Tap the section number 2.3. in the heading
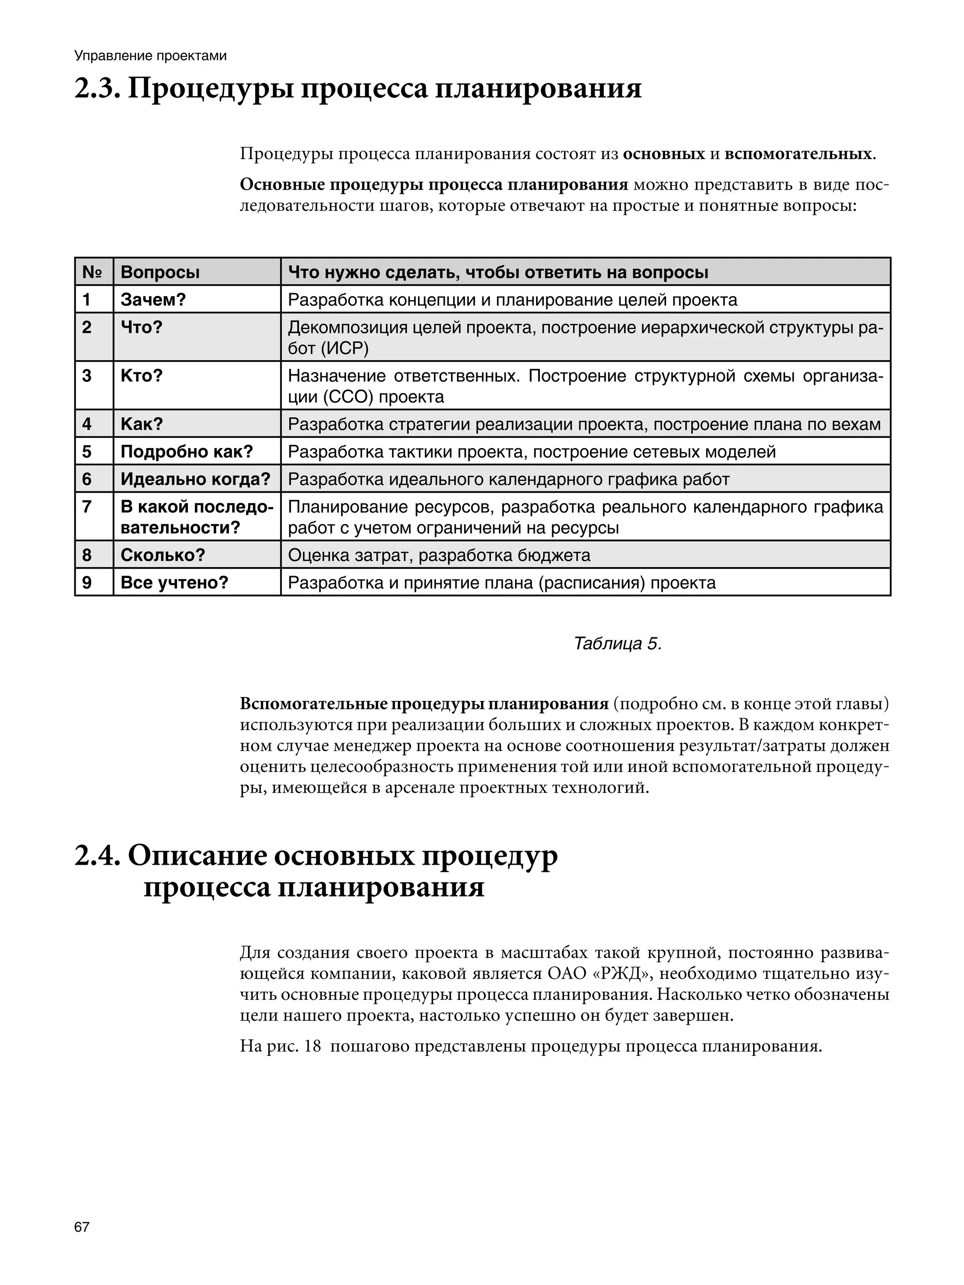point(96,89)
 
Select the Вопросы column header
point(160,272)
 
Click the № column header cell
point(93,272)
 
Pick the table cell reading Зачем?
point(153,300)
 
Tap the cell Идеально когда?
point(195,479)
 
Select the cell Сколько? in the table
point(163,555)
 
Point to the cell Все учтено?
point(174,582)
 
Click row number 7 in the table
point(87,506)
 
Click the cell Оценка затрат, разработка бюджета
point(439,555)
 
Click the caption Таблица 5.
point(617,643)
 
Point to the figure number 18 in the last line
point(312,1046)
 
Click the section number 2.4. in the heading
point(96,856)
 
